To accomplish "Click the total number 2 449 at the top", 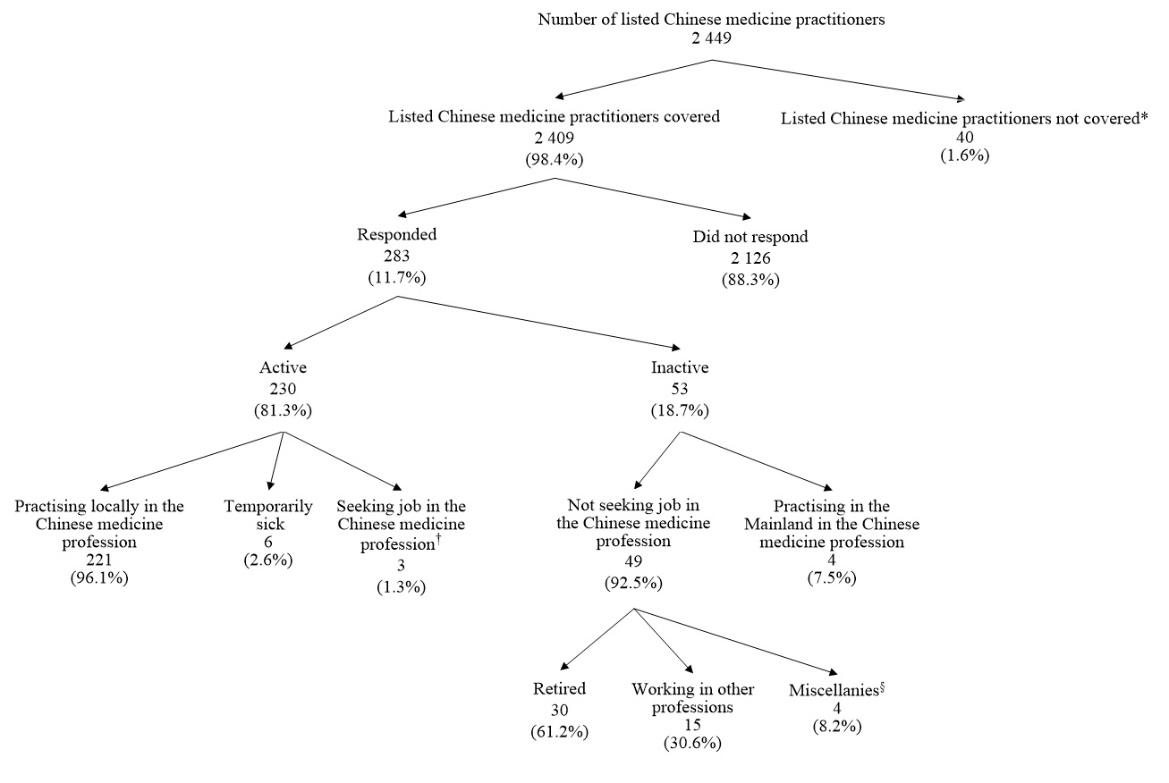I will point(711,38).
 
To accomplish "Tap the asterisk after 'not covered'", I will point(1144,117).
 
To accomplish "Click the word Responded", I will point(397,236).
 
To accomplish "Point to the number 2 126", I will point(750,258).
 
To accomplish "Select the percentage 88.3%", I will point(750,278).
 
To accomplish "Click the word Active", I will point(283,367).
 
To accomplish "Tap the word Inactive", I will point(681,367).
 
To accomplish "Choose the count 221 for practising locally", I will point(99,560).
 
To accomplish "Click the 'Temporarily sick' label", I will point(268,516).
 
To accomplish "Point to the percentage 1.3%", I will point(400,587).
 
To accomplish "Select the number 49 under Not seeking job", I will point(633,562).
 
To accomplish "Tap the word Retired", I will point(559,689).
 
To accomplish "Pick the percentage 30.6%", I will point(692,744).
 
